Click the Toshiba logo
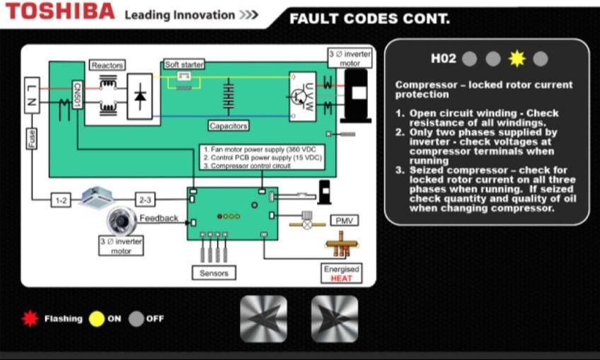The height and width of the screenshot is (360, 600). [x=59, y=12]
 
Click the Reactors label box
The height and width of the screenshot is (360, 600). [x=108, y=66]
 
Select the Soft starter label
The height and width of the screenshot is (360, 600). [x=184, y=64]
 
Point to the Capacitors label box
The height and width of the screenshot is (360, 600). [x=229, y=126]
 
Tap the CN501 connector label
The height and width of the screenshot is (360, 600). [x=77, y=95]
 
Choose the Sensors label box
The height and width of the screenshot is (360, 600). [x=214, y=272]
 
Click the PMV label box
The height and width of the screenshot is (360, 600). [x=345, y=221]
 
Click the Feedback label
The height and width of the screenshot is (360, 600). [x=158, y=218]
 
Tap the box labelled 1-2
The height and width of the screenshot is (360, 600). [x=62, y=201]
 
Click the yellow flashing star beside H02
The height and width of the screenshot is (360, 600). [x=517, y=59]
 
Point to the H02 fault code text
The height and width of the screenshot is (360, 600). [x=444, y=59]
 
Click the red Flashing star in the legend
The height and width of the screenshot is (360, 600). [x=30, y=319]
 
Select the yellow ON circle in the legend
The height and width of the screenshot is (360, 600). [x=96, y=319]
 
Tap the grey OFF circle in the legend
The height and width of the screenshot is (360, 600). [x=136, y=319]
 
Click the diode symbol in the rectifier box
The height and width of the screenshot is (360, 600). [x=139, y=96]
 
